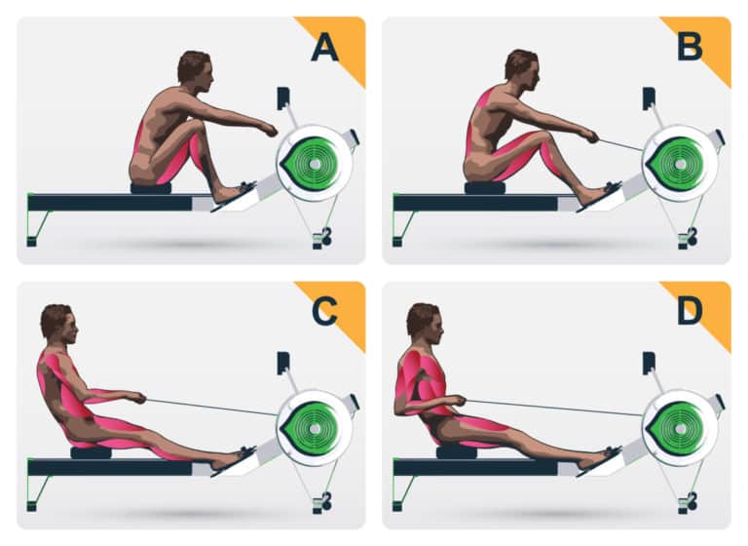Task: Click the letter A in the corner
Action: [324, 47]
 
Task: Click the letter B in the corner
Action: [690, 47]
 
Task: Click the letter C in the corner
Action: [323, 312]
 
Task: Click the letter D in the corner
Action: [690, 312]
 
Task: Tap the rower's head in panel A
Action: [194, 68]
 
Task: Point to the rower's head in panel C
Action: [56, 322]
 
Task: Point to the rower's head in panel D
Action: [422, 321]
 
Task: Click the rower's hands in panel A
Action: [269, 129]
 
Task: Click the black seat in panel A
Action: [151, 187]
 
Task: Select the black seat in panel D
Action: [456, 452]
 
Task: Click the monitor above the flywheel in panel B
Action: [649, 98]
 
